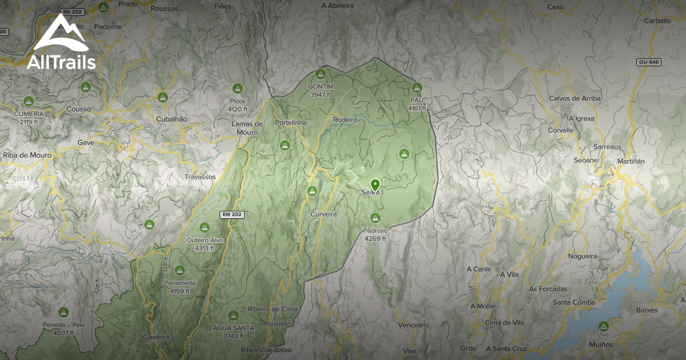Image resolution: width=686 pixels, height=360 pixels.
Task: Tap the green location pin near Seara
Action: (x=375, y=185)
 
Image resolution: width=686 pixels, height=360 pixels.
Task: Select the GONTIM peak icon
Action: (x=320, y=74)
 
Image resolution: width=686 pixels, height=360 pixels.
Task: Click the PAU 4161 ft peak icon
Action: (x=417, y=88)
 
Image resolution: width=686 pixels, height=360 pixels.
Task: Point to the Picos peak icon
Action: (x=237, y=89)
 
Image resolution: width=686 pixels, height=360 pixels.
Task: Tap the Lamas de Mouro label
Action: (x=247, y=127)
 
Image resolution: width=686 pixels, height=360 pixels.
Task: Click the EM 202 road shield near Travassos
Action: (x=232, y=214)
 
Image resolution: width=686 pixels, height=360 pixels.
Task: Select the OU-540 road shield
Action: (x=649, y=62)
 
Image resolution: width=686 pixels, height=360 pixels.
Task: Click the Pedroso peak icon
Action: (x=375, y=218)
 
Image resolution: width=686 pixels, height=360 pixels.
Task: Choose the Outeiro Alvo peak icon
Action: (x=205, y=227)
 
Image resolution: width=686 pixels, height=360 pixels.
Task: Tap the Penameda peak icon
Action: (x=180, y=270)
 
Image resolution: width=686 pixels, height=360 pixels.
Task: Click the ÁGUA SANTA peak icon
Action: (x=233, y=315)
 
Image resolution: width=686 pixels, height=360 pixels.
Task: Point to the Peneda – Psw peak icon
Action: (x=63, y=313)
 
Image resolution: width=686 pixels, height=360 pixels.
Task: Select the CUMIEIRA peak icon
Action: (x=29, y=102)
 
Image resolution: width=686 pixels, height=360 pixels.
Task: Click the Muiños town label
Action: (x=600, y=345)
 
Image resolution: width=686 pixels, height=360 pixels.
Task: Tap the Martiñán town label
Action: (x=631, y=162)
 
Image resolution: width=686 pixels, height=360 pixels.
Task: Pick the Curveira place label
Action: (x=323, y=214)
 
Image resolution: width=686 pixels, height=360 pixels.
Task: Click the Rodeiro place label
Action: (x=345, y=120)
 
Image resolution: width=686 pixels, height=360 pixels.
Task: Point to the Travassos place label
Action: (x=200, y=177)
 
